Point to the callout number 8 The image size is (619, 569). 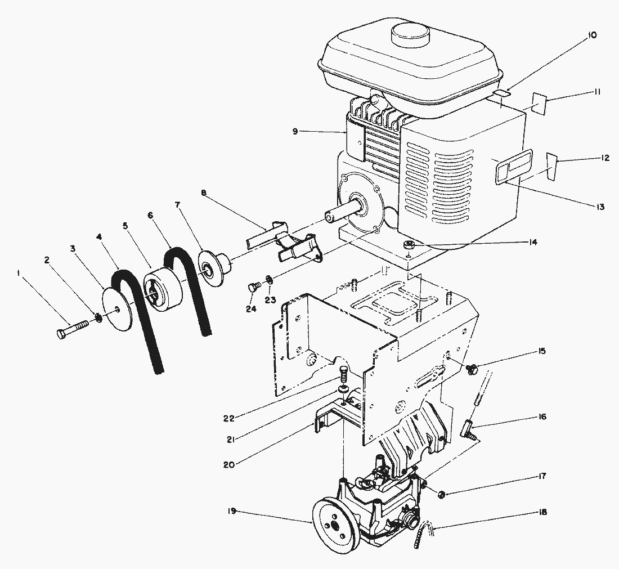[x=203, y=193]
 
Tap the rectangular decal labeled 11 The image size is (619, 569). [x=539, y=105]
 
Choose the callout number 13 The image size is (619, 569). [x=600, y=207]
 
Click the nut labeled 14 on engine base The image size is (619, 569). [x=410, y=244]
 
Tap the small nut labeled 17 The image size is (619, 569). [x=442, y=494]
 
